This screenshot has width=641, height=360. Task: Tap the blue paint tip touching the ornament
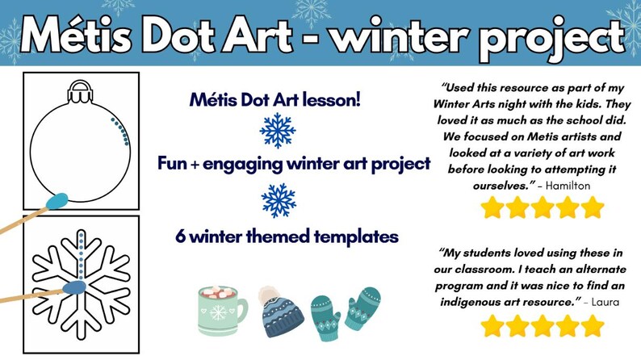[x=58, y=197]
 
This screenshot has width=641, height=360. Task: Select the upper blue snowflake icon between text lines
[x=277, y=131]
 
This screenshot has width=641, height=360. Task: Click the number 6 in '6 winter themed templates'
[x=182, y=237]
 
